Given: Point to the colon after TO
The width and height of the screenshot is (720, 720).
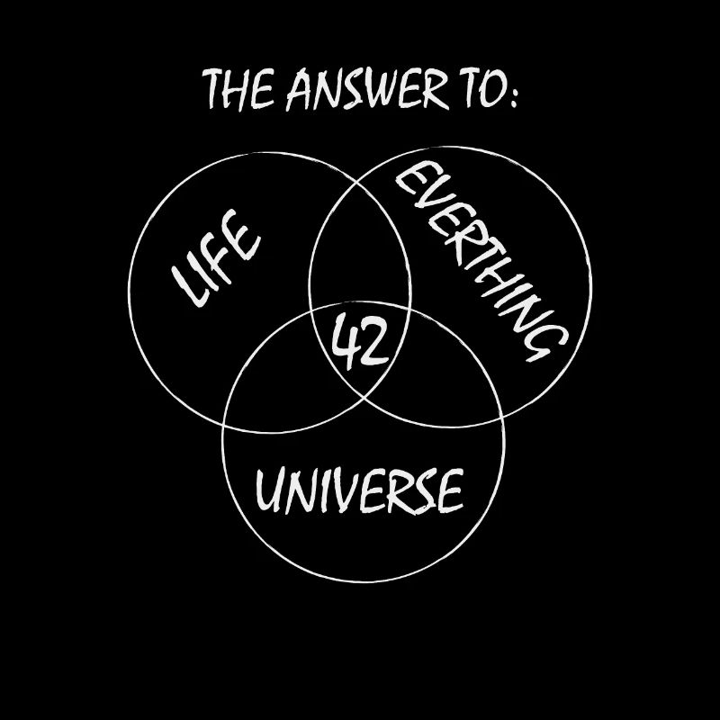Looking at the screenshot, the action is coord(513,96).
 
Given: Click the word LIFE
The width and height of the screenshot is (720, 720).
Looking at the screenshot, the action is coord(215,258).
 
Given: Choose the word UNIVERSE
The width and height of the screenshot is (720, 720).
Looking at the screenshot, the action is coord(359,490).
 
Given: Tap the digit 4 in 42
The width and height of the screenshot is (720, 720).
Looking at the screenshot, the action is coord(344,341).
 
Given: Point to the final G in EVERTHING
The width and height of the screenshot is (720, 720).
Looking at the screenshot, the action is coord(545,341).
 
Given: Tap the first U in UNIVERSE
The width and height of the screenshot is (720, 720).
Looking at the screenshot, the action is coord(269,490).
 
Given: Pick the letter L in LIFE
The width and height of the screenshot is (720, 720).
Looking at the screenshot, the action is coord(189,285).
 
